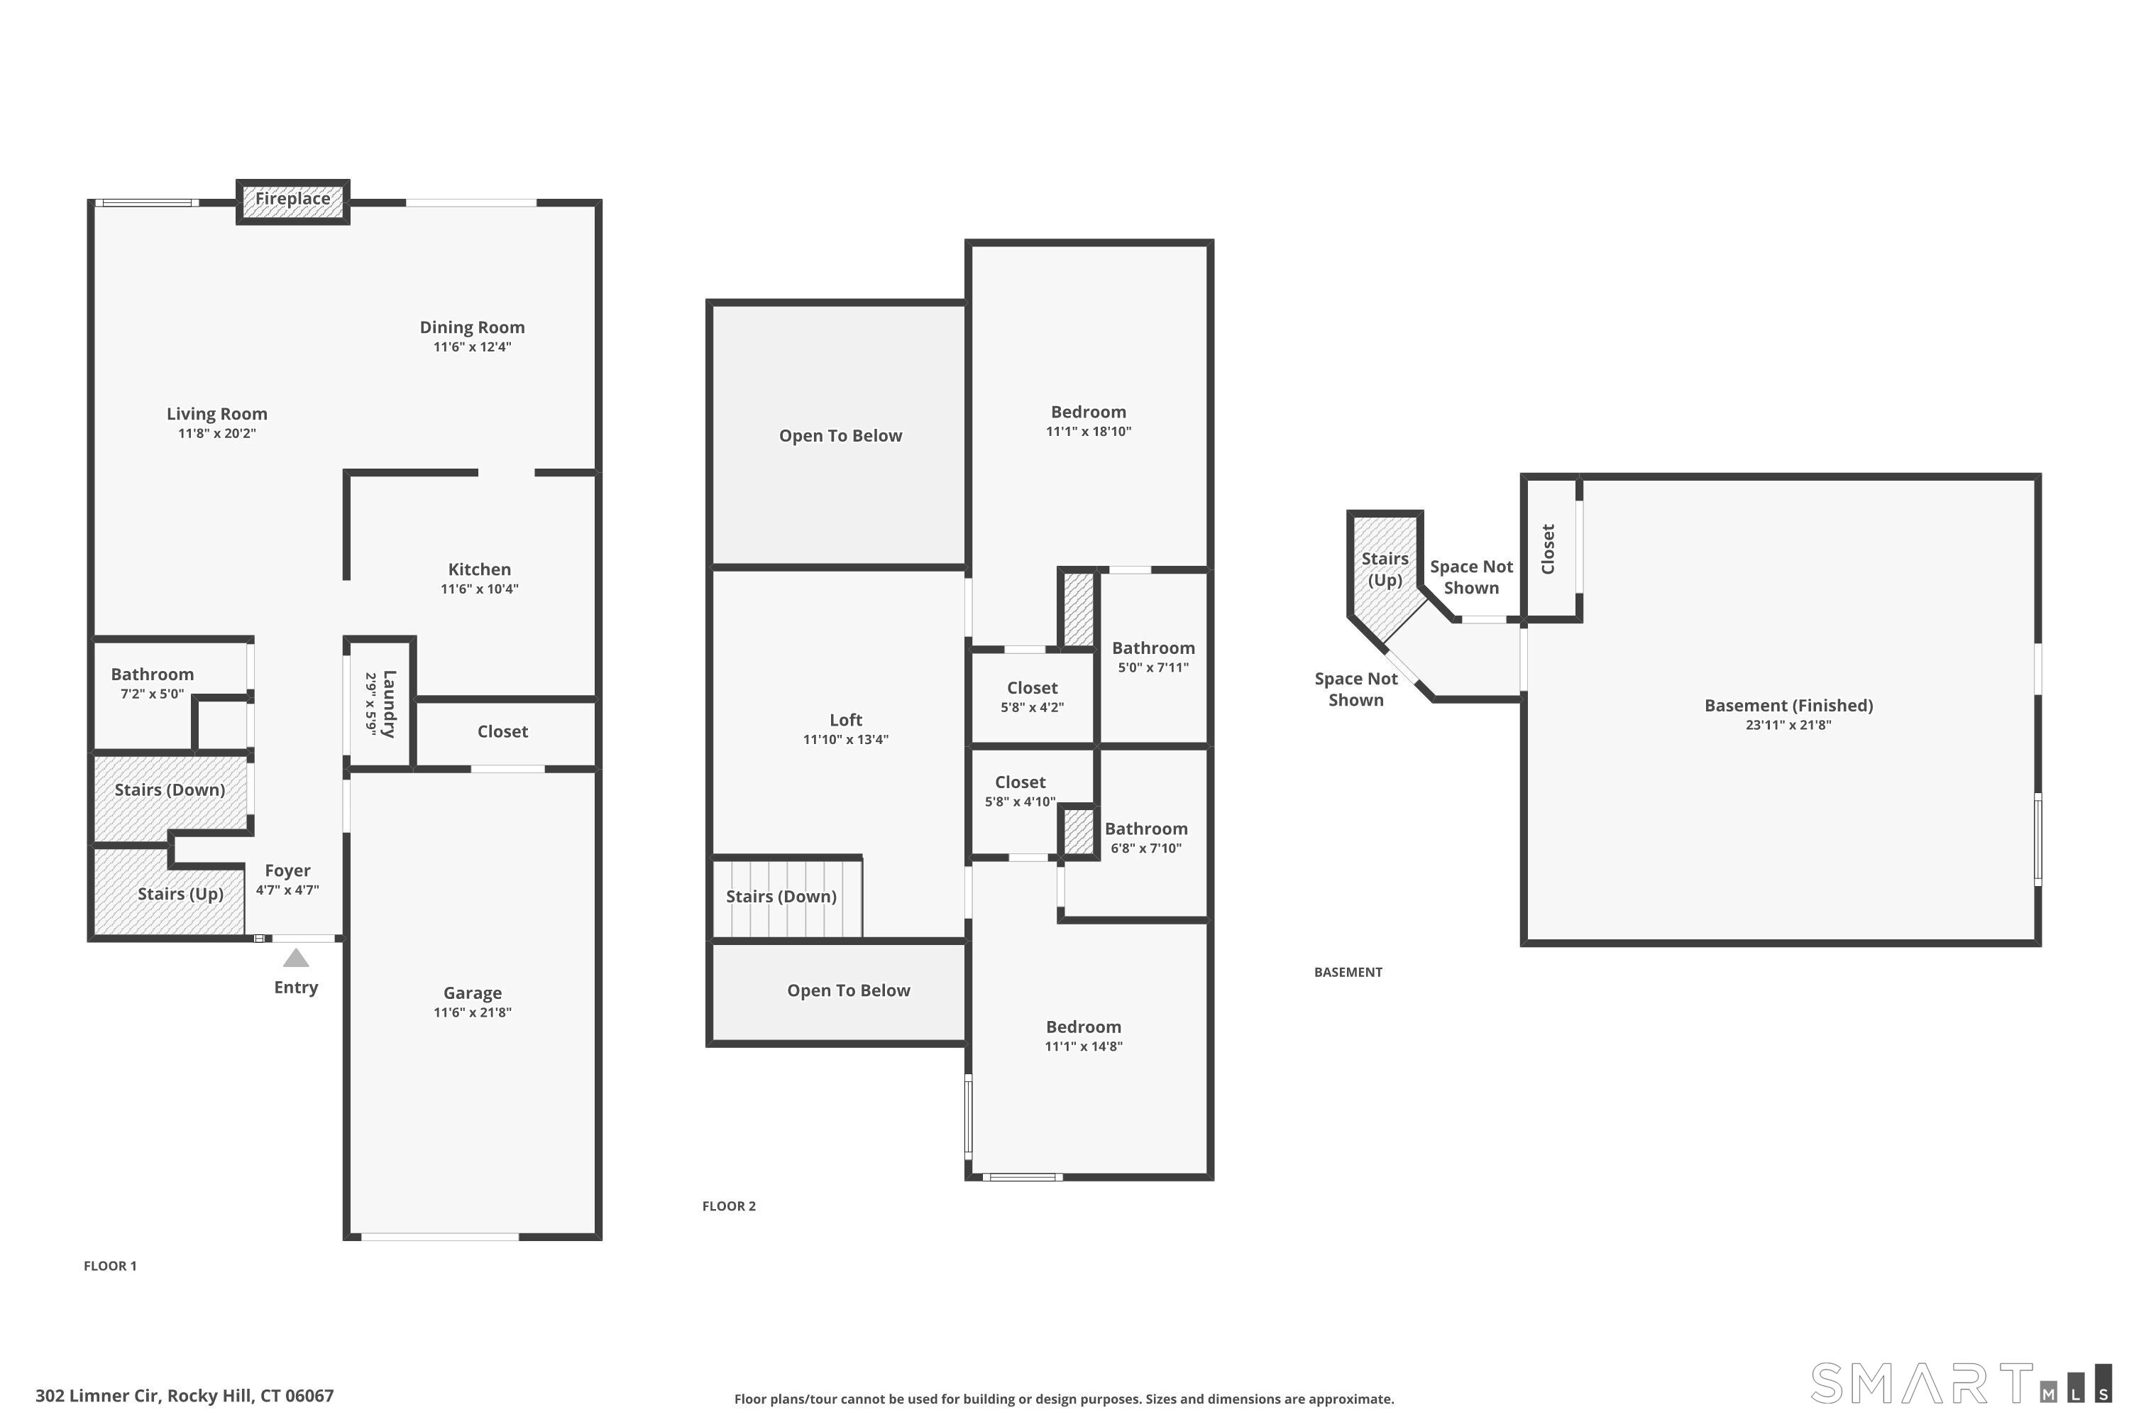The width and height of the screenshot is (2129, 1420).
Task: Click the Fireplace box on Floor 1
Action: (292, 202)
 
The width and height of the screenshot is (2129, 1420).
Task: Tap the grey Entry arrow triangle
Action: (296, 958)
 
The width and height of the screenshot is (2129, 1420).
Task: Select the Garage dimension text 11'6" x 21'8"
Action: (473, 1012)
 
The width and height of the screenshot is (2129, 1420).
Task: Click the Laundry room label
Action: (389, 704)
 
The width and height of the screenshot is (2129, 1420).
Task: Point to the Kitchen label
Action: (480, 569)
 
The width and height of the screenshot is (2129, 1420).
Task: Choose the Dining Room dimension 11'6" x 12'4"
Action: (473, 347)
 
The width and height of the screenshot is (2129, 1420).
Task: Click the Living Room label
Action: (217, 414)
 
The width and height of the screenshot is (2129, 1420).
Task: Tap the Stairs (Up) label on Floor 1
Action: (180, 894)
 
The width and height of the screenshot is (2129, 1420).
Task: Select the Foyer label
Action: (288, 870)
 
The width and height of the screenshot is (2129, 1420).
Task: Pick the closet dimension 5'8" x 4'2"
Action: (1032, 707)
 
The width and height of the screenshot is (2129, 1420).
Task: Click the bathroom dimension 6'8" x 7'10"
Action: (1146, 848)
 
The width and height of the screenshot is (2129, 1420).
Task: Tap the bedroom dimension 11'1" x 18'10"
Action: (1089, 431)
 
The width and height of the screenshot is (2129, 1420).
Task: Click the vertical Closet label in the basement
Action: (1548, 549)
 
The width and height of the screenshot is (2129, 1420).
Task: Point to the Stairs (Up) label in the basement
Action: (1385, 569)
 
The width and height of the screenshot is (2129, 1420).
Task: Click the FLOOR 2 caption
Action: (729, 1206)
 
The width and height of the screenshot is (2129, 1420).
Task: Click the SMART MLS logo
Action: (1962, 1384)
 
